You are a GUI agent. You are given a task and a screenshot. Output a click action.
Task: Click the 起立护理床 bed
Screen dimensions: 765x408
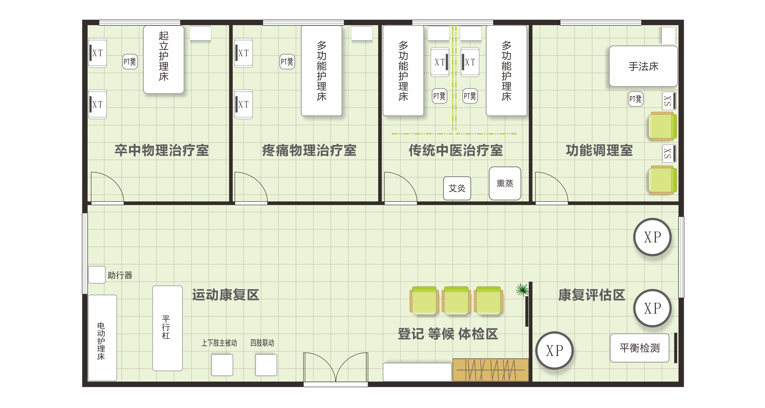pyautogui.click(x=164, y=59)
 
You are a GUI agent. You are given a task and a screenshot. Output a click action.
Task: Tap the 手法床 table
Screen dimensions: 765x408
pyautogui.click(x=643, y=66)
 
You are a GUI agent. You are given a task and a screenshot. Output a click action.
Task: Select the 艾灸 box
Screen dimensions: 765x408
pyautogui.click(x=457, y=188)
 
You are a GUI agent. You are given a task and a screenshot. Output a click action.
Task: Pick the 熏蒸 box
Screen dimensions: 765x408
pyautogui.click(x=505, y=183)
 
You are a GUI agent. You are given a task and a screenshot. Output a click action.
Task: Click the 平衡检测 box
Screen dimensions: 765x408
pyautogui.click(x=639, y=348)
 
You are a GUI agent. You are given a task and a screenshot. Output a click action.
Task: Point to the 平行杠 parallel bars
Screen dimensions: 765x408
pyautogui.click(x=168, y=328)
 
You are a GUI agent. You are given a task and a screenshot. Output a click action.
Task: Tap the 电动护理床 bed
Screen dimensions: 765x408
pyautogui.click(x=103, y=338)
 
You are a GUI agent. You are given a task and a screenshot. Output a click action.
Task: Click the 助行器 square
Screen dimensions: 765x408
pyautogui.click(x=97, y=275)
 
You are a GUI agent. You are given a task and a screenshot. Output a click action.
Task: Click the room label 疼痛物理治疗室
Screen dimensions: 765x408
pyautogui.click(x=309, y=150)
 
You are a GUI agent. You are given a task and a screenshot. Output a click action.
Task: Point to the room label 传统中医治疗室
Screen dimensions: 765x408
pyautogui.click(x=456, y=150)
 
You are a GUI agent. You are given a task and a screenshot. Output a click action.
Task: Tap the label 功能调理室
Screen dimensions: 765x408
pyautogui.click(x=599, y=150)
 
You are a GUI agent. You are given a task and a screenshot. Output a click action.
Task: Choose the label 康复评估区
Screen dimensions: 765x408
pyautogui.click(x=592, y=295)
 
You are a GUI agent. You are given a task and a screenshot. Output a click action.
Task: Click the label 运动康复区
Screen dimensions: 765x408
pyautogui.click(x=226, y=295)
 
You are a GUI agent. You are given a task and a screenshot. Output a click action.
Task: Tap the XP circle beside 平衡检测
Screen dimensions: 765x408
pyautogui.click(x=554, y=350)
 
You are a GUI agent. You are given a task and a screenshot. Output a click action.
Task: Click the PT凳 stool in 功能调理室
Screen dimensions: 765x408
pyautogui.click(x=635, y=99)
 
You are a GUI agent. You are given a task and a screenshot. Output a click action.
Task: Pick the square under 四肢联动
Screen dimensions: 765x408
pyautogui.click(x=266, y=365)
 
